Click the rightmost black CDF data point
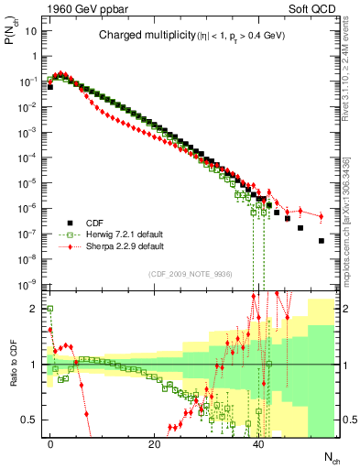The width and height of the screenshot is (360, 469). (321, 241)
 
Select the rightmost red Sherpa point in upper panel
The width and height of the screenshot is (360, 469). (321, 216)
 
